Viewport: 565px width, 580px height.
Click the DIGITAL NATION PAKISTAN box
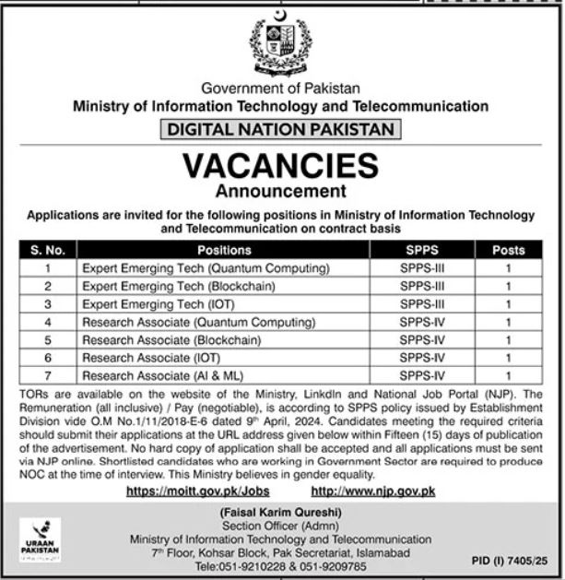(281, 130)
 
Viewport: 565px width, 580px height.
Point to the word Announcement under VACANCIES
(280, 192)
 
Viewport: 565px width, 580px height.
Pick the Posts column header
(508, 250)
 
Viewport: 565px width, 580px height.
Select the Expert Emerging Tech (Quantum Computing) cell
(206, 268)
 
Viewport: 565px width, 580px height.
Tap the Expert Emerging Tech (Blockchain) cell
(178, 286)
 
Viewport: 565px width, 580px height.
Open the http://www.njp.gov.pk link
(373, 492)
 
